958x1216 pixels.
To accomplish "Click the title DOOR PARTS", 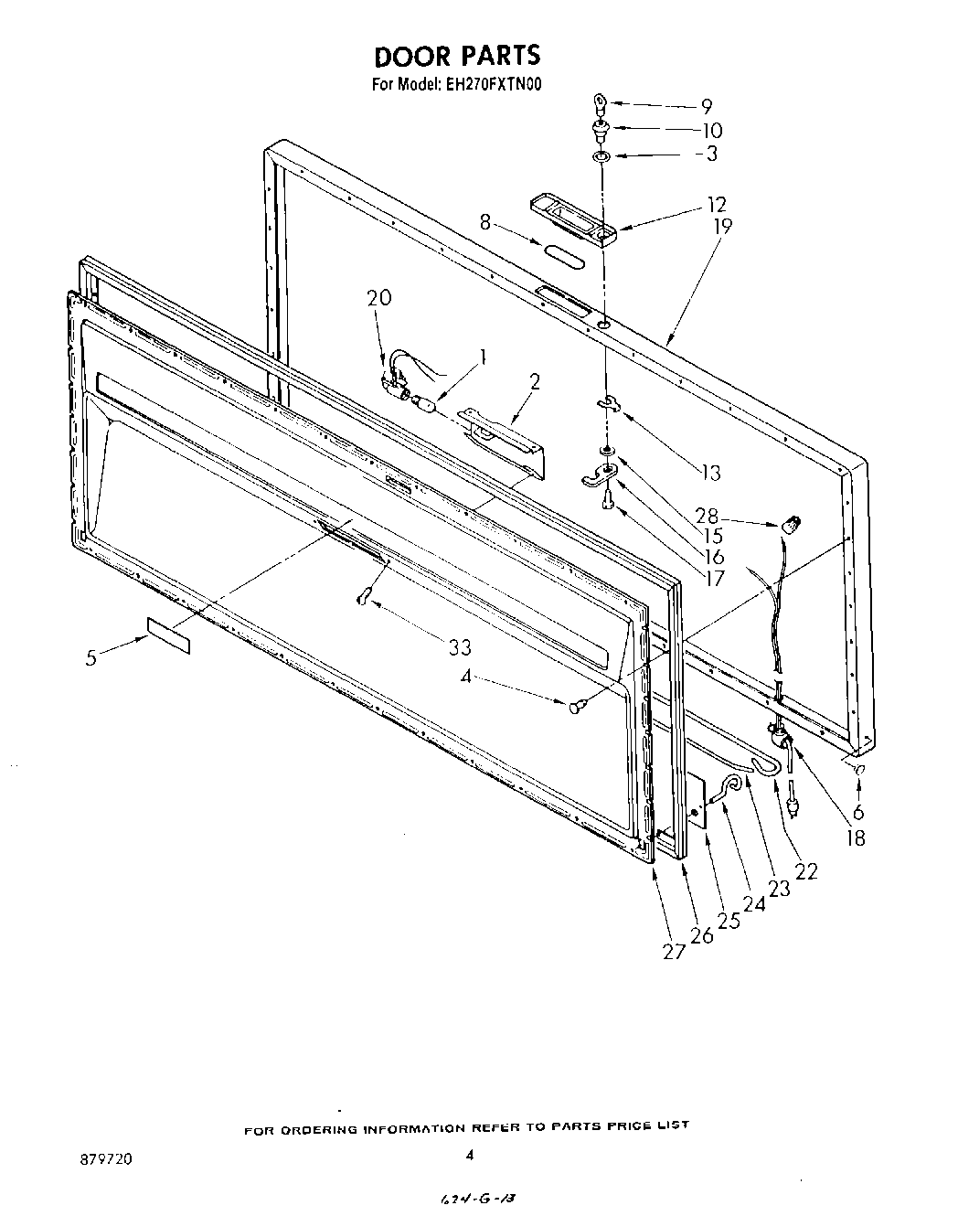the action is [x=458, y=56].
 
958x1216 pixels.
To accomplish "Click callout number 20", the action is [x=379, y=297].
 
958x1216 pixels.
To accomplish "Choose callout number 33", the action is [x=460, y=647].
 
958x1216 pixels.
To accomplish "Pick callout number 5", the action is [x=90, y=656].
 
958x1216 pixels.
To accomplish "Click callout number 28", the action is [x=732, y=516].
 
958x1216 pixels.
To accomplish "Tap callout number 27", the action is [x=674, y=951].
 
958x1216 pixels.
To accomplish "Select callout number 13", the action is [x=710, y=473].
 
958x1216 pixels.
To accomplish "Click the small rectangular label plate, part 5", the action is [x=168, y=635].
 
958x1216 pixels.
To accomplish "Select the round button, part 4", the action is [x=577, y=705].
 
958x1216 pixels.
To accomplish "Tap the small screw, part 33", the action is [x=365, y=596].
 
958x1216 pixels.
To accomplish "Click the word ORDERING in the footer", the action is [x=323, y=1129].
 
